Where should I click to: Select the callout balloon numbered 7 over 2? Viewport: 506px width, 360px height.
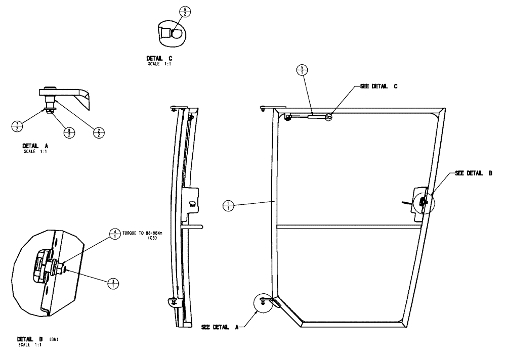click(17, 126)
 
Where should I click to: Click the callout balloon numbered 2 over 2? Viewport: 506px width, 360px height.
click(100, 132)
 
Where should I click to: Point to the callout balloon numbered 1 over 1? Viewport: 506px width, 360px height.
click(229, 205)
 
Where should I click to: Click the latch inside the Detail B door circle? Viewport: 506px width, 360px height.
click(423, 201)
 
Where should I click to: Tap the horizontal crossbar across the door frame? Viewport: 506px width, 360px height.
click(349, 227)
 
